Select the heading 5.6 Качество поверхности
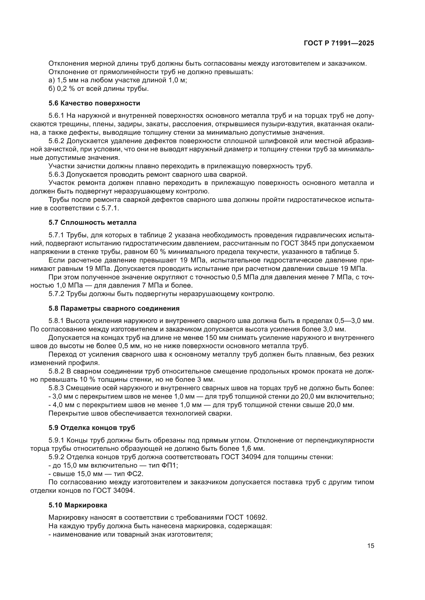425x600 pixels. pyautogui.click(x=94, y=103)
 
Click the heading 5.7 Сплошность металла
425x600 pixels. pyautogui.click(x=93, y=223)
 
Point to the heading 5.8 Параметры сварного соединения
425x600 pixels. pyautogui.click(x=114, y=308)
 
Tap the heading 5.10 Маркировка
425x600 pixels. pyautogui.click(x=78, y=505)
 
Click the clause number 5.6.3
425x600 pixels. pyautogui.click(x=56, y=174)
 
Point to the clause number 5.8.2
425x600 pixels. pyautogui.click(x=56, y=371)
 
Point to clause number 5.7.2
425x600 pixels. pyautogui.click(x=56, y=294)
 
